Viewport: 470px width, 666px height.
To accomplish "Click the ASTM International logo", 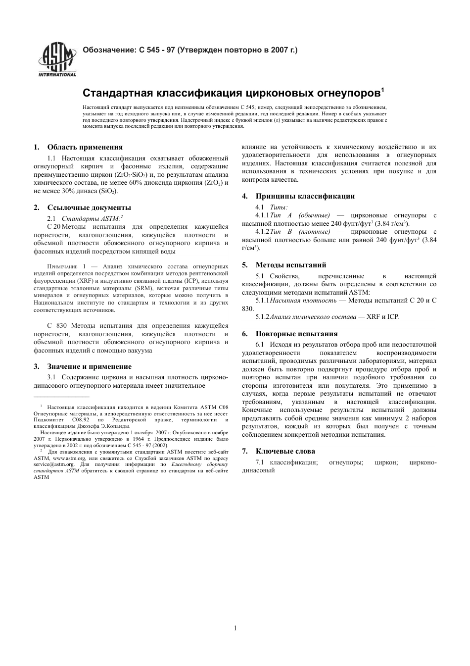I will click(x=57, y=60).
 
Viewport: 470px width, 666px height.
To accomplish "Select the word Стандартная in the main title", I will click(x=118, y=93).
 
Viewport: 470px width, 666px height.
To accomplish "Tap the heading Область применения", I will click(x=85, y=147).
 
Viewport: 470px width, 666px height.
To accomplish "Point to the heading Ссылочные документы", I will click(x=89, y=207).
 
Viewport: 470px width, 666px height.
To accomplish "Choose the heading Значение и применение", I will click(x=89, y=366).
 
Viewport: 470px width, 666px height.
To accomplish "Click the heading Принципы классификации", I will click(x=305, y=196).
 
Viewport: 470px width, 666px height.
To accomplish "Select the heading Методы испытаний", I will click(x=290, y=265).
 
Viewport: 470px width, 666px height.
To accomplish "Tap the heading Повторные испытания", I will click(x=296, y=334).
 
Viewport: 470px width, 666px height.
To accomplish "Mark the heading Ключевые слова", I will click(x=285, y=451).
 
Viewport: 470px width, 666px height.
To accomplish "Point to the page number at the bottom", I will click(x=235, y=628).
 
